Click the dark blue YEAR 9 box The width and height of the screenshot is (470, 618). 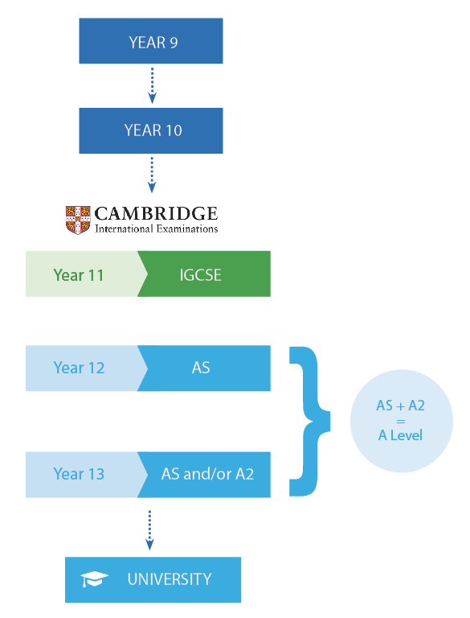click(x=151, y=42)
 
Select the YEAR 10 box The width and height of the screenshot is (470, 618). click(x=151, y=130)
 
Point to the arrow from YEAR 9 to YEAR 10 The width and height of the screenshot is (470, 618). click(x=152, y=85)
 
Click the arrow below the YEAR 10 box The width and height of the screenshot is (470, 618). click(x=152, y=175)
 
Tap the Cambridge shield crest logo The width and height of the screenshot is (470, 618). click(x=78, y=220)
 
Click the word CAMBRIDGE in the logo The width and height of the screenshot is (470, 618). click(x=156, y=213)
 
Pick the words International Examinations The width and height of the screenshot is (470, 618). click(x=156, y=229)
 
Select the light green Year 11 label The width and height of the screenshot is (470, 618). click(x=79, y=274)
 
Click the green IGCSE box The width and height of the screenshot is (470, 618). click(x=204, y=274)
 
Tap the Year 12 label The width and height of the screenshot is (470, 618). click(x=79, y=368)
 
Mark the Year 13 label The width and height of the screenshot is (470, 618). click(x=79, y=474)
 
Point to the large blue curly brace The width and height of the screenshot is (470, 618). click(x=309, y=421)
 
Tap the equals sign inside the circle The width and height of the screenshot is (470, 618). click(x=400, y=421)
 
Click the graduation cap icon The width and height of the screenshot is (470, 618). click(x=94, y=579)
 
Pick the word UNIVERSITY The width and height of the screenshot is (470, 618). click(x=170, y=579)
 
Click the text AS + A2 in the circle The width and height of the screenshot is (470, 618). click(x=400, y=406)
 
